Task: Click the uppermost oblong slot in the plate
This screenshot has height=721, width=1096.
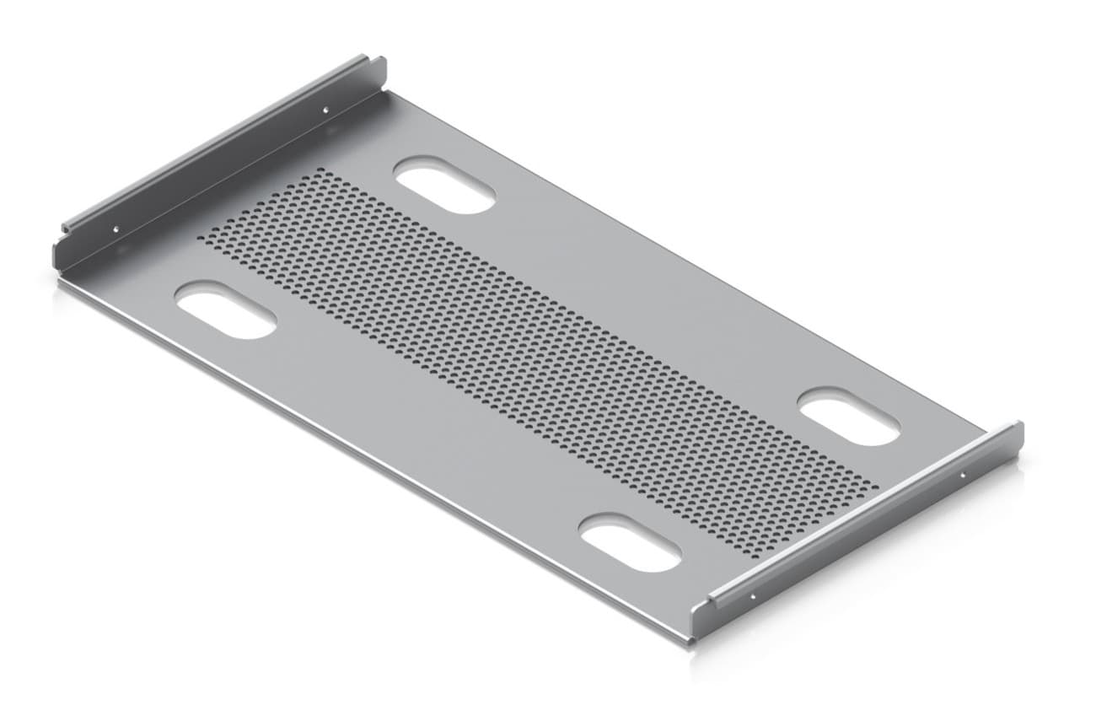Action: point(444,185)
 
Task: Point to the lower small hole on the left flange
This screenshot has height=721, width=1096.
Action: point(116,229)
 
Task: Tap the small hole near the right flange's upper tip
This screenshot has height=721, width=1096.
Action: point(964,476)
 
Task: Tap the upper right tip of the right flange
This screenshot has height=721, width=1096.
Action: point(1019,426)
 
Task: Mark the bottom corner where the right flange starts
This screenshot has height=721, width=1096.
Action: point(693,641)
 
